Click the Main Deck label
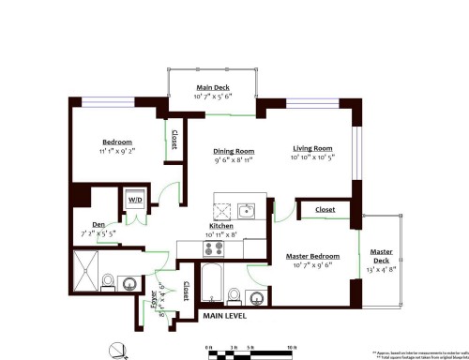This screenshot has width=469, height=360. tap(212, 87)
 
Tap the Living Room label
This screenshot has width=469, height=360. tap(312, 148)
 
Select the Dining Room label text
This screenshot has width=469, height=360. tap(233, 151)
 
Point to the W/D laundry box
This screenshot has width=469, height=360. tap(135, 200)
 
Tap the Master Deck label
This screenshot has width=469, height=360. tap(381, 256)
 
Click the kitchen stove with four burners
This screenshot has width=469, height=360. tap(214, 248)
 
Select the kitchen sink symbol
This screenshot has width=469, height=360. tap(246, 210)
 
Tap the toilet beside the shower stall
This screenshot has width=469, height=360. tap(109, 280)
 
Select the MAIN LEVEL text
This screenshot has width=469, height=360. tap(228, 316)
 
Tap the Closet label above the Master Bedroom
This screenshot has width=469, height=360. tap(325, 210)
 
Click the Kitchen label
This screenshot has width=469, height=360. tap(220, 226)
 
